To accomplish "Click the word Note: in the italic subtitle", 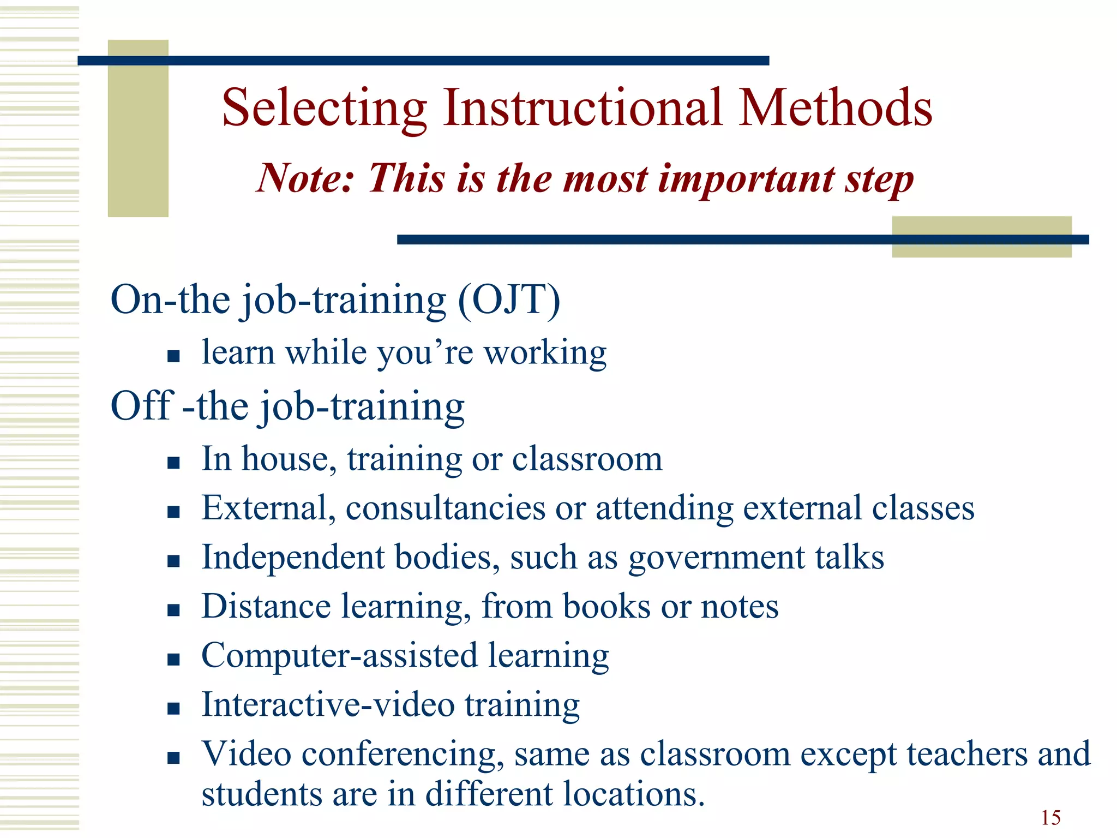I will click(305, 178).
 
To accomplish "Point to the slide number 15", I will click(1050, 818).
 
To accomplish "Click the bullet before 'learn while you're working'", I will click(173, 357).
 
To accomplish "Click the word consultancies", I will click(446, 508).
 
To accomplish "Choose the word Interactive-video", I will click(328, 704).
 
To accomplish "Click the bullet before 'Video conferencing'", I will click(173, 757).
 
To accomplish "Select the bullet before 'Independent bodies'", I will click(173, 561).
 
